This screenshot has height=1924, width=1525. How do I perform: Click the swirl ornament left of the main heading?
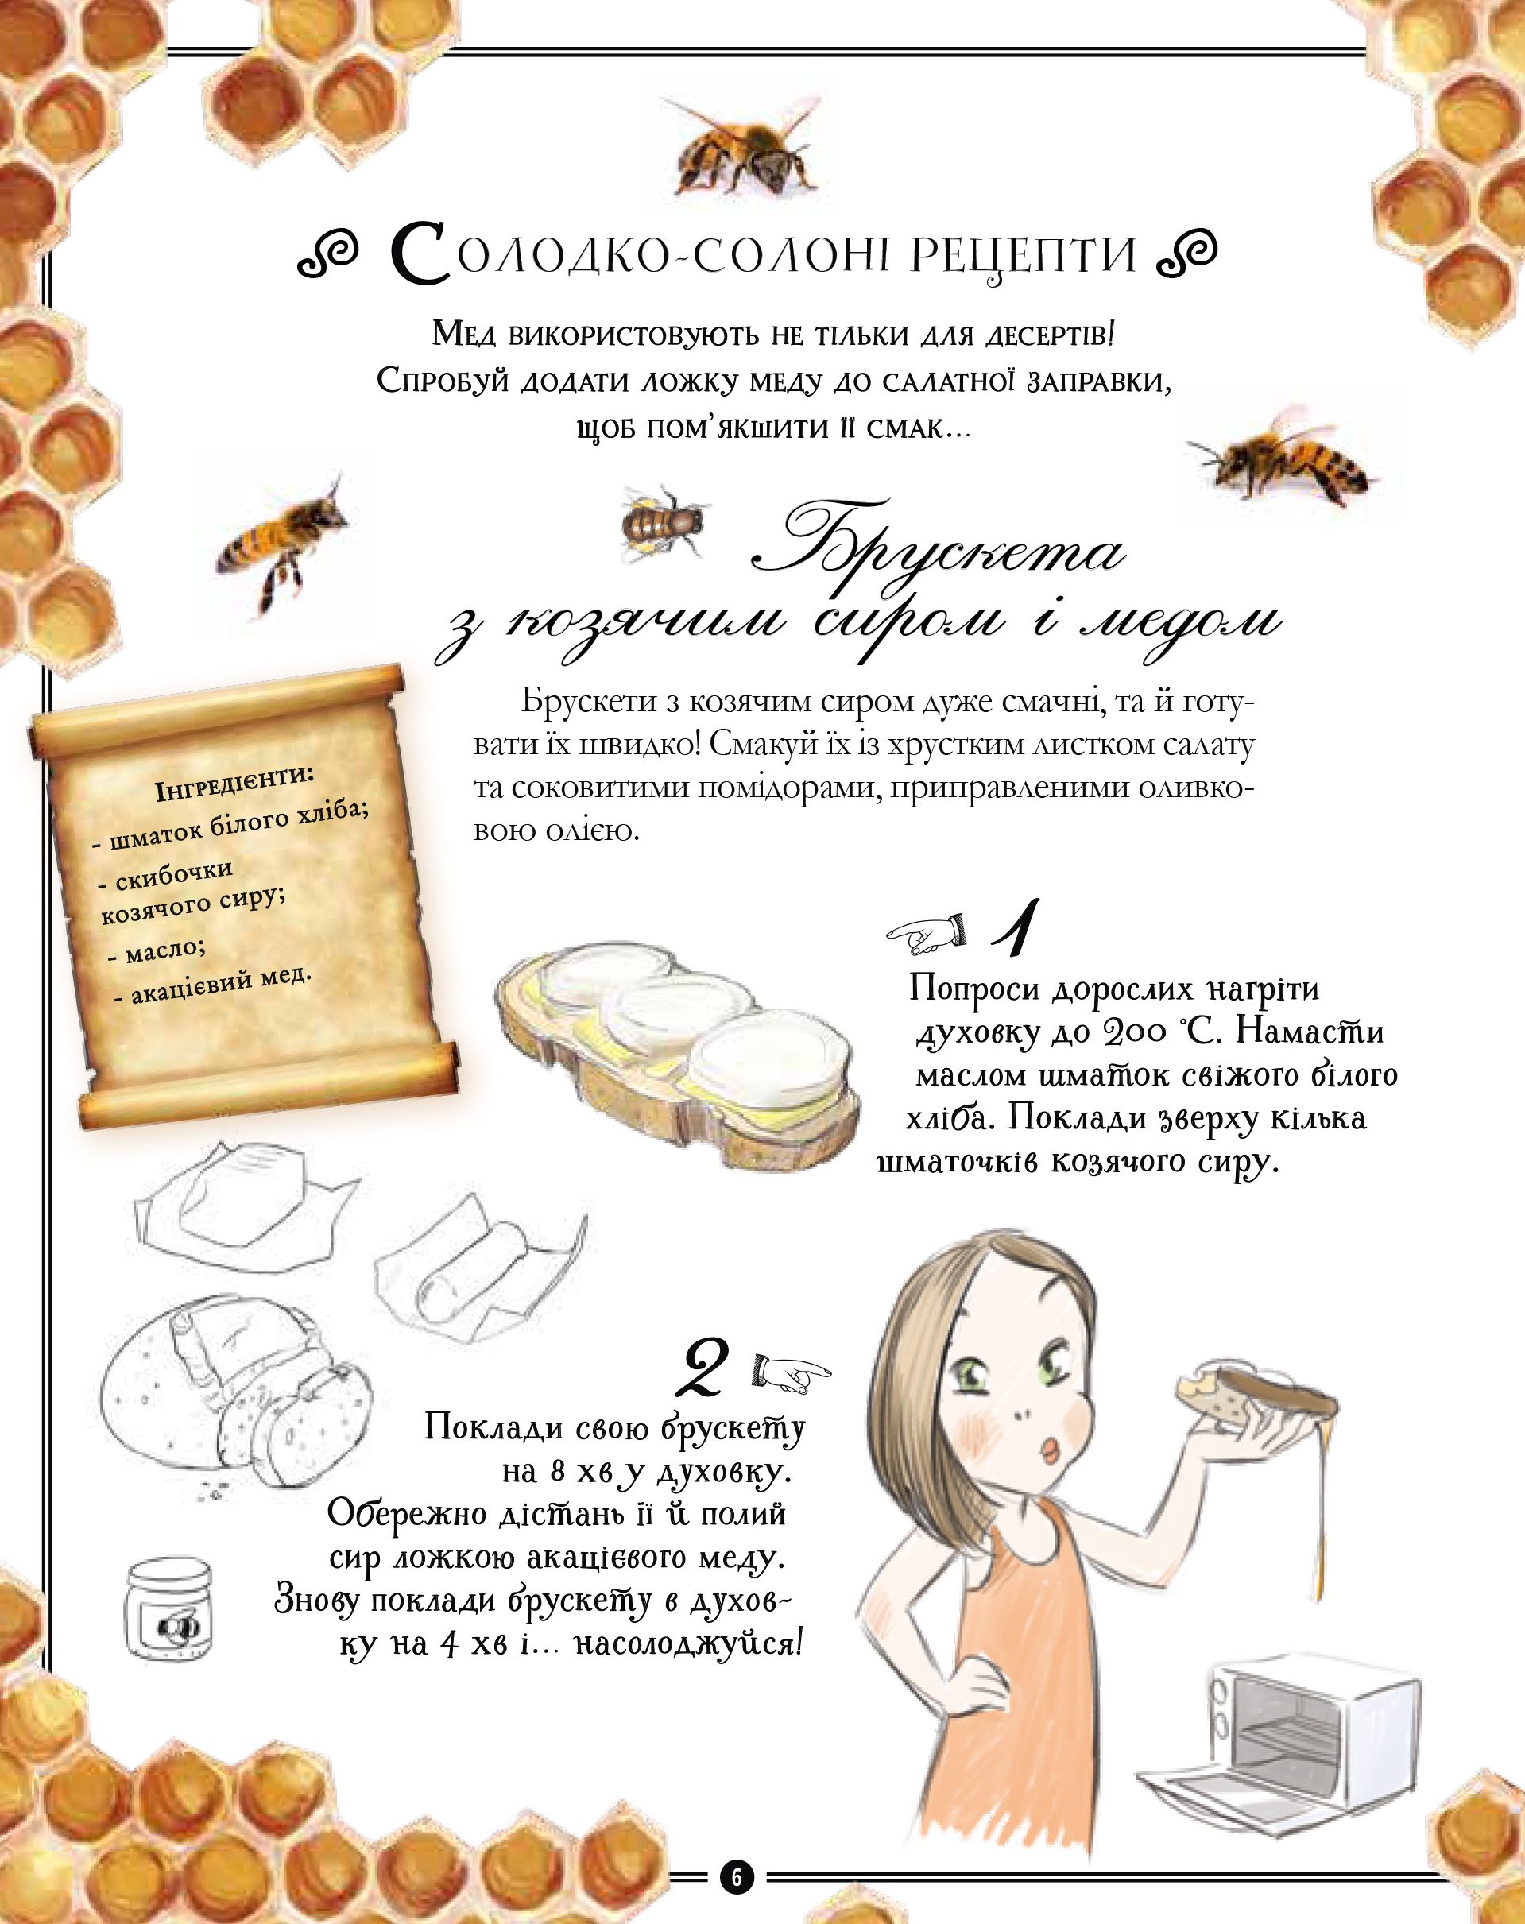(327, 254)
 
